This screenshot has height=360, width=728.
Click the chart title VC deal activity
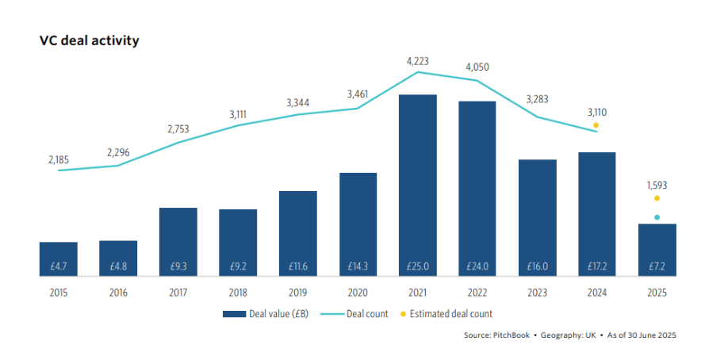click(x=89, y=40)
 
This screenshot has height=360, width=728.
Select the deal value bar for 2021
click(x=417, y=186)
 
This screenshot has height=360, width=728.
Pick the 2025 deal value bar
click(x=657, y=251)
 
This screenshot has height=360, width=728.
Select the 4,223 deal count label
click(x=418, y=59)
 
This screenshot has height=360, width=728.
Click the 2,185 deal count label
click(x=58, y=159)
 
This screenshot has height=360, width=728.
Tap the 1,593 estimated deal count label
click(x=657, y=185)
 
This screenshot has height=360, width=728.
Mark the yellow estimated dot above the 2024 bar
click(x=596, y=125)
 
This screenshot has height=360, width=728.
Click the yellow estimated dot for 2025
click(x=657, y=198)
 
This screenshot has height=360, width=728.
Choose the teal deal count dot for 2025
click(x=657, y=217)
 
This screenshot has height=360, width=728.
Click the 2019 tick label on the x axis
click(x=297, y=293)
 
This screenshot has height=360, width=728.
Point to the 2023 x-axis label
click(x=537, y=293)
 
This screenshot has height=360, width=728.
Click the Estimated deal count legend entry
click(x=455, y=314)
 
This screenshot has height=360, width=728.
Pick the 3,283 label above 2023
click(x=537, y=99)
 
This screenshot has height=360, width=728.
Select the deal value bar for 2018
click(x=238, y=243)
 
